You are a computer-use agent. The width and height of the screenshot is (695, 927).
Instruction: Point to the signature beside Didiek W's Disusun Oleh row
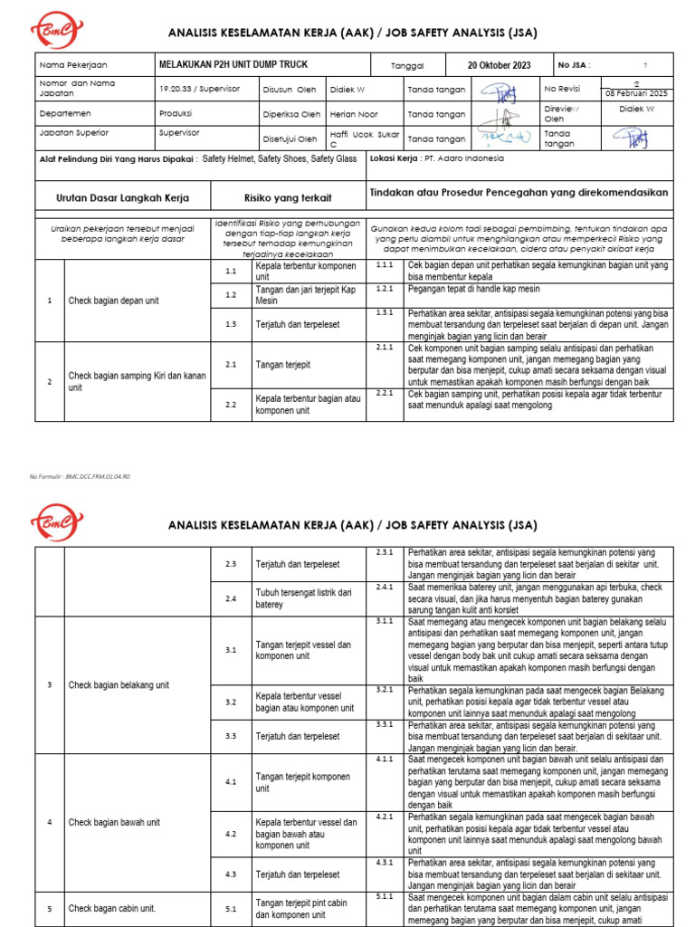pyautogui.click(x=497, y=91)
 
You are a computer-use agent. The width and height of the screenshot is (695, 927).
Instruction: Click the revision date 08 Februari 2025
pyautogui.click(x=635, y=94)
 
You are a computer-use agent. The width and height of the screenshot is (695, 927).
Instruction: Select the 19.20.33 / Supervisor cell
pyautogui.click(x=195, y=90)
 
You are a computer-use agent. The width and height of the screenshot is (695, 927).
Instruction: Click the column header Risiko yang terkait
pyautogui.click(x=288, y=196)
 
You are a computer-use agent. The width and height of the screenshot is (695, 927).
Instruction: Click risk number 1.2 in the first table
pyautogui.click(x=231, y=294)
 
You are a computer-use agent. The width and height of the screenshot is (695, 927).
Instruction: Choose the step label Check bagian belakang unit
pyautogui.click(x=119, y=685)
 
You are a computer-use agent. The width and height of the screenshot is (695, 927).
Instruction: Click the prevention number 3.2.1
pyautogui.click(x=385, y=689)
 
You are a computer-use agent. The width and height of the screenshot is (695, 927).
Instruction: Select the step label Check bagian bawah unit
pyautogui.click(x=114, y=822)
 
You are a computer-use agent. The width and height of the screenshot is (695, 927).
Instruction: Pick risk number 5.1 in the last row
pyautogui.click(x=231, y=908)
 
